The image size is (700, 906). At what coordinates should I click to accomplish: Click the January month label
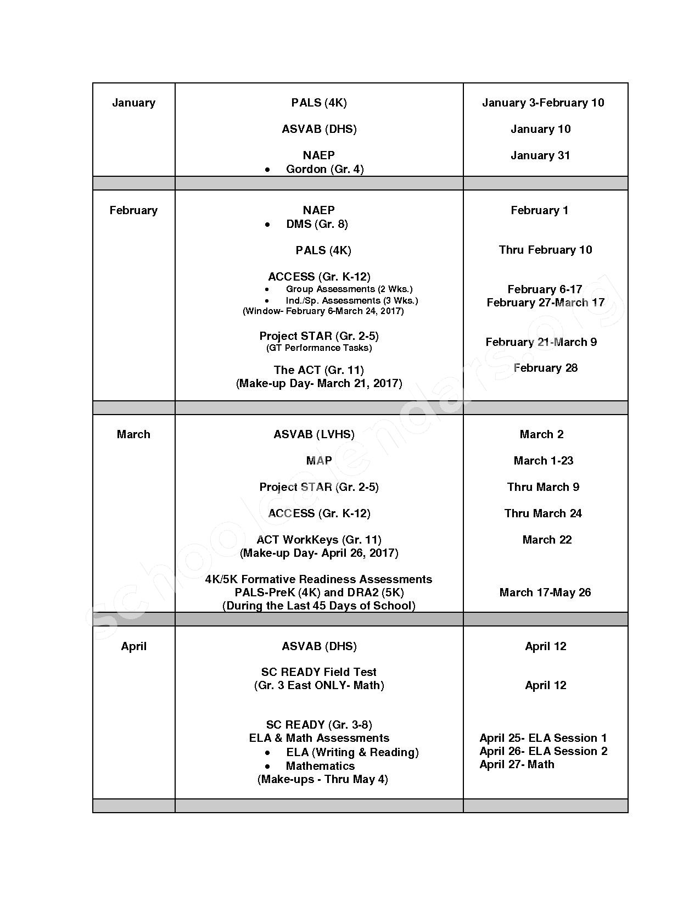coord(133,103)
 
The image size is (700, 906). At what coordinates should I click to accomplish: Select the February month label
coord(133,210)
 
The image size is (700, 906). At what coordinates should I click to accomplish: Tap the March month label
coord(133,434)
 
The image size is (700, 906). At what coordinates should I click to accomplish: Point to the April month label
coord(133,646)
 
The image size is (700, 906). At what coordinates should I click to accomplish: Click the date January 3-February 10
coord(543,103)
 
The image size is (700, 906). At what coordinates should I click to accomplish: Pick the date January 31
coord(540,155)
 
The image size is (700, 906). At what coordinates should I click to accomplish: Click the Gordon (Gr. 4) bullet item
coord(324,169)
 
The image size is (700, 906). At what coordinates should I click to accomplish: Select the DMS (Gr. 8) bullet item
coord(317,224)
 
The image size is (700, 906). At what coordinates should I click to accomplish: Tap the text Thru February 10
coord(545,250)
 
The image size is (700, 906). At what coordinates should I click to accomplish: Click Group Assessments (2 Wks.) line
coord(349,289)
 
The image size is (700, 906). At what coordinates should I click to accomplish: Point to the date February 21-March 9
coord(541,342)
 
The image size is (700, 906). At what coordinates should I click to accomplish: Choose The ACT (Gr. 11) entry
coord(319,370)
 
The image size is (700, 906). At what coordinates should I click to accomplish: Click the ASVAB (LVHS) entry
coord(314,434)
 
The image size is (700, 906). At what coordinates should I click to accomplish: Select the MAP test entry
coord(319,461)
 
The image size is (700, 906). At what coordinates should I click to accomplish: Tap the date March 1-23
coord(543,461)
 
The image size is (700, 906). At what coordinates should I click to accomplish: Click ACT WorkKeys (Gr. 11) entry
coord(319,540)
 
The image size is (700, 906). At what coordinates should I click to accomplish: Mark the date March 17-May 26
coord(545,592)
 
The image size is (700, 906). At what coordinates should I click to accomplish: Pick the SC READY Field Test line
coord(319,672)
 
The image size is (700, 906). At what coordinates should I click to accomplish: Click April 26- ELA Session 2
coord(543,751)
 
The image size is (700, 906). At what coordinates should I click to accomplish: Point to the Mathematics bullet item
coord(320,766)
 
